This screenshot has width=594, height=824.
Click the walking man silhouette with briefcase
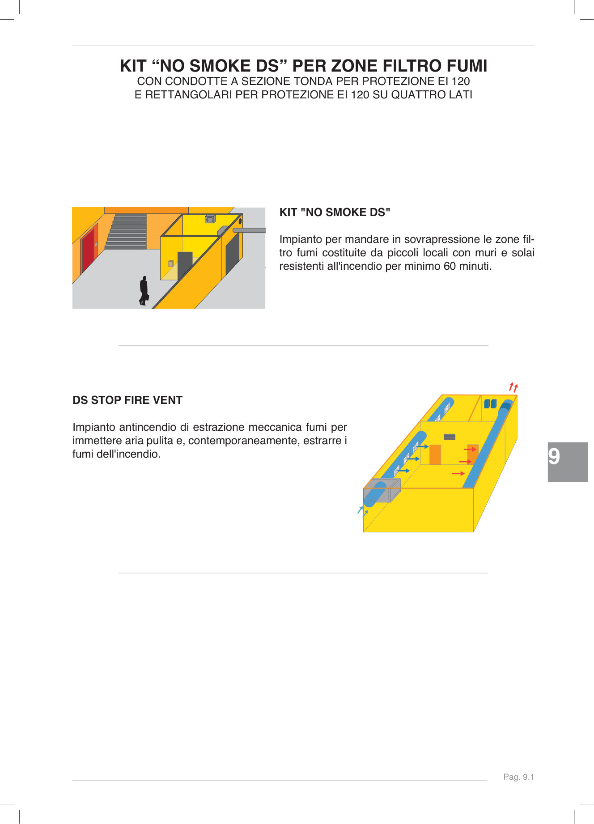[x=144, y=291]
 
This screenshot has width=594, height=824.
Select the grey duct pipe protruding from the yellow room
[x=249, y=230]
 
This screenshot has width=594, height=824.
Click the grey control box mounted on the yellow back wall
[x=210, y=219]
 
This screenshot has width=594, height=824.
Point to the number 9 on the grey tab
[x=554, y=457]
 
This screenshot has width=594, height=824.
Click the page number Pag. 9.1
[x=518, y=777]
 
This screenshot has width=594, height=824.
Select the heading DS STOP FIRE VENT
[x=127, y=400]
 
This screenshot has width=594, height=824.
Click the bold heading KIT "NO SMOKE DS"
[x=335, y=212]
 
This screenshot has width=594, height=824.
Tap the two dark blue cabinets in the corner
[x=490, y=404]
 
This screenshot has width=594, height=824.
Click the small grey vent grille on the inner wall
[x=450, y=437]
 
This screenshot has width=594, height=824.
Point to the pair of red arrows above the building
[x=513, y=387]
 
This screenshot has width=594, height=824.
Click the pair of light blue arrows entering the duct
[x=363, y=511]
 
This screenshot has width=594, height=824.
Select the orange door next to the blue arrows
[x=435, y=454]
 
